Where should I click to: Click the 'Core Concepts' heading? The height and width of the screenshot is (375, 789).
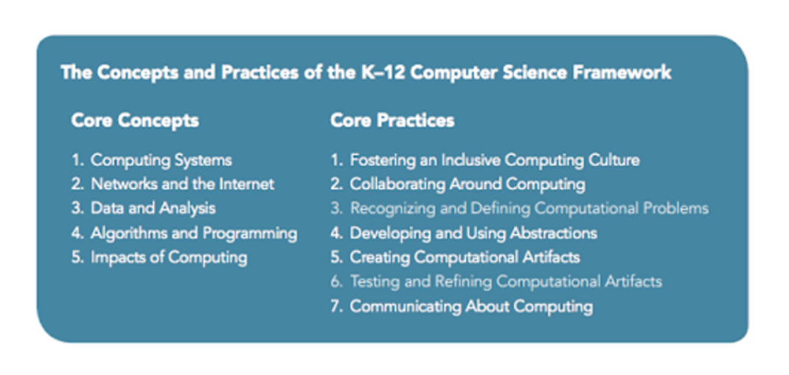coord(135,121)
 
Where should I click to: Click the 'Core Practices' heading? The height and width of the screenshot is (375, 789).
coord(392,120)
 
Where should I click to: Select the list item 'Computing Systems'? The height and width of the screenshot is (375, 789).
coord(161,161)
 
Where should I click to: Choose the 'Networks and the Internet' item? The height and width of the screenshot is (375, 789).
coord(183,185)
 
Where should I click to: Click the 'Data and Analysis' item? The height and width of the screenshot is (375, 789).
coord(153,209)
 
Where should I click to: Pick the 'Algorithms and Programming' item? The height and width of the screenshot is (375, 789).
coord(194,233)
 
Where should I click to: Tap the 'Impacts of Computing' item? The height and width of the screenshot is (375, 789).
coord(169,258)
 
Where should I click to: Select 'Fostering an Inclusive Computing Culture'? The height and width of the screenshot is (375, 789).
coord(495,161)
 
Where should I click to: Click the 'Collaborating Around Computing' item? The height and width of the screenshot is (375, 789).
coord(468,185)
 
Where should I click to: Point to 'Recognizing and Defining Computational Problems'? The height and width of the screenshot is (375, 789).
coord(529,209)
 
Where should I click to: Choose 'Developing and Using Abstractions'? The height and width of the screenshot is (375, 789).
coord(473,233)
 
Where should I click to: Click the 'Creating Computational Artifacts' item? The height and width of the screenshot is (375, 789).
coord(465,258)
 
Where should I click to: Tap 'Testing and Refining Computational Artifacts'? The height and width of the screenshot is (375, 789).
coord(506,281)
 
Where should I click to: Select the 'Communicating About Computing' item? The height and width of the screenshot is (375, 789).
coord(471,306)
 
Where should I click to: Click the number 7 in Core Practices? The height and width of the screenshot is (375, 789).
coord(336,306)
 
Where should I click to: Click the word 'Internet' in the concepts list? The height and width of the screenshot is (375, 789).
coord(246,184)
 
